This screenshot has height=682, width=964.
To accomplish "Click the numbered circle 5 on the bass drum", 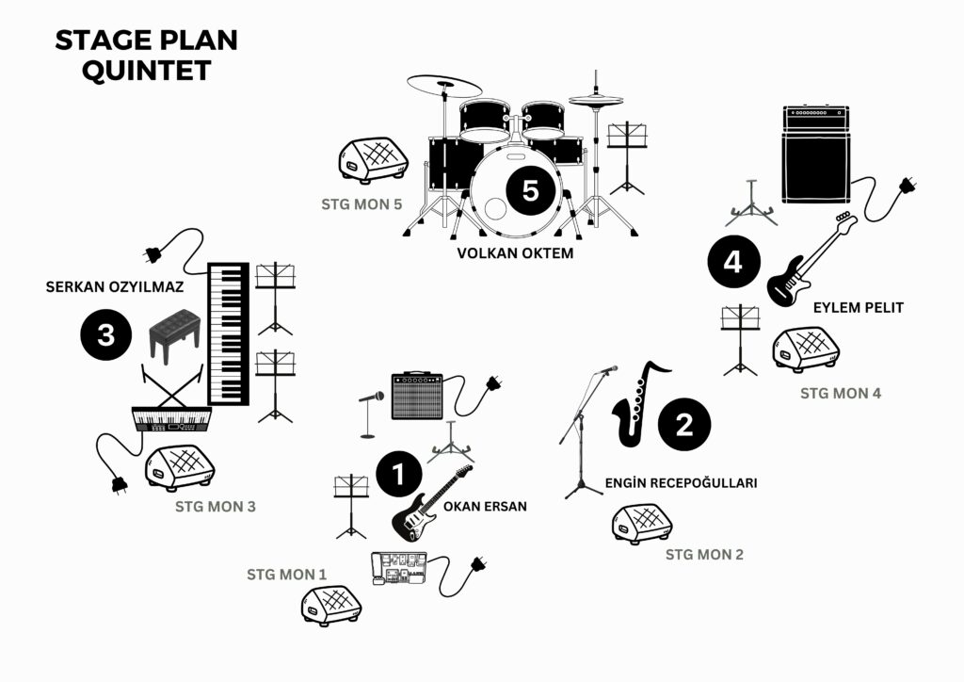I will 530,190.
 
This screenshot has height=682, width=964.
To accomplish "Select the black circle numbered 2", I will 683,425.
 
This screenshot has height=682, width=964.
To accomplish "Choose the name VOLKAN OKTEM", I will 514,253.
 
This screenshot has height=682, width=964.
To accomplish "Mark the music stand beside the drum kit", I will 627,155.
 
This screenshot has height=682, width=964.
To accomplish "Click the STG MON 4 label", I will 841,393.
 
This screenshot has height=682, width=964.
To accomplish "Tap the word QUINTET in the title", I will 146,72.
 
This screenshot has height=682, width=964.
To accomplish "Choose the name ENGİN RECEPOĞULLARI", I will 681,483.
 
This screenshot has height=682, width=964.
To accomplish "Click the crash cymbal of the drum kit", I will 444,87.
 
